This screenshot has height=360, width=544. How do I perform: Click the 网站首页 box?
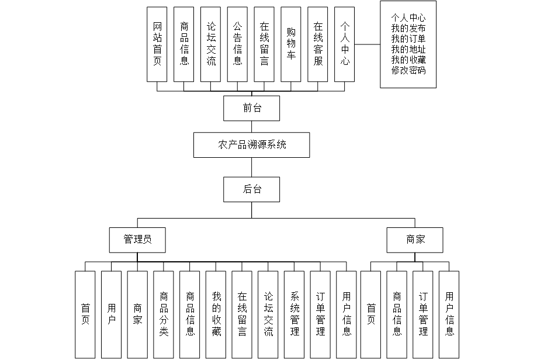[157, 44]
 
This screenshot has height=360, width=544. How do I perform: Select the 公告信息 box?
[237, 44]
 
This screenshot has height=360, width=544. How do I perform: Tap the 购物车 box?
[291, 44]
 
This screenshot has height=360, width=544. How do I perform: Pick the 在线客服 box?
[318, 44]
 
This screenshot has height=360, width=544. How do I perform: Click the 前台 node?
[252, 108]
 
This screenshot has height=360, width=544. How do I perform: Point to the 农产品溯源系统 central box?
[252, 144]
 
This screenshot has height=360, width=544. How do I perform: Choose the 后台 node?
[252, 189]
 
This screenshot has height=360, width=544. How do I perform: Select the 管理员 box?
[137, 240]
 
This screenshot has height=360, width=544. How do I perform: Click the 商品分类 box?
[164, 314]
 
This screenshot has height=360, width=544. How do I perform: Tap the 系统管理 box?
[294, 314]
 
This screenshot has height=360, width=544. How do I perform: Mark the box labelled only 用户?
[111, 314]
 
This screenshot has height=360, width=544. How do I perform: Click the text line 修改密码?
[408, 71]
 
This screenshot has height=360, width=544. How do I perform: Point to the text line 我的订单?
[408, 39]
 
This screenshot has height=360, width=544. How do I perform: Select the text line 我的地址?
[408, 50]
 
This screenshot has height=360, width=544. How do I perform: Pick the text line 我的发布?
[408, 29]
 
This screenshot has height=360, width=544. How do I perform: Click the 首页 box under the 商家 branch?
[370, 314]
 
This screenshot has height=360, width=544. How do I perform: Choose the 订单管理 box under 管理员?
[321, 314]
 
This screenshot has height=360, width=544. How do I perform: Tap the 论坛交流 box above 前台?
[211, 44]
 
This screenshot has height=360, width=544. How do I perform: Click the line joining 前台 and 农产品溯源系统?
[252, 126]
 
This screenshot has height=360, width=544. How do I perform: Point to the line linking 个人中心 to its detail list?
[368, 44]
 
